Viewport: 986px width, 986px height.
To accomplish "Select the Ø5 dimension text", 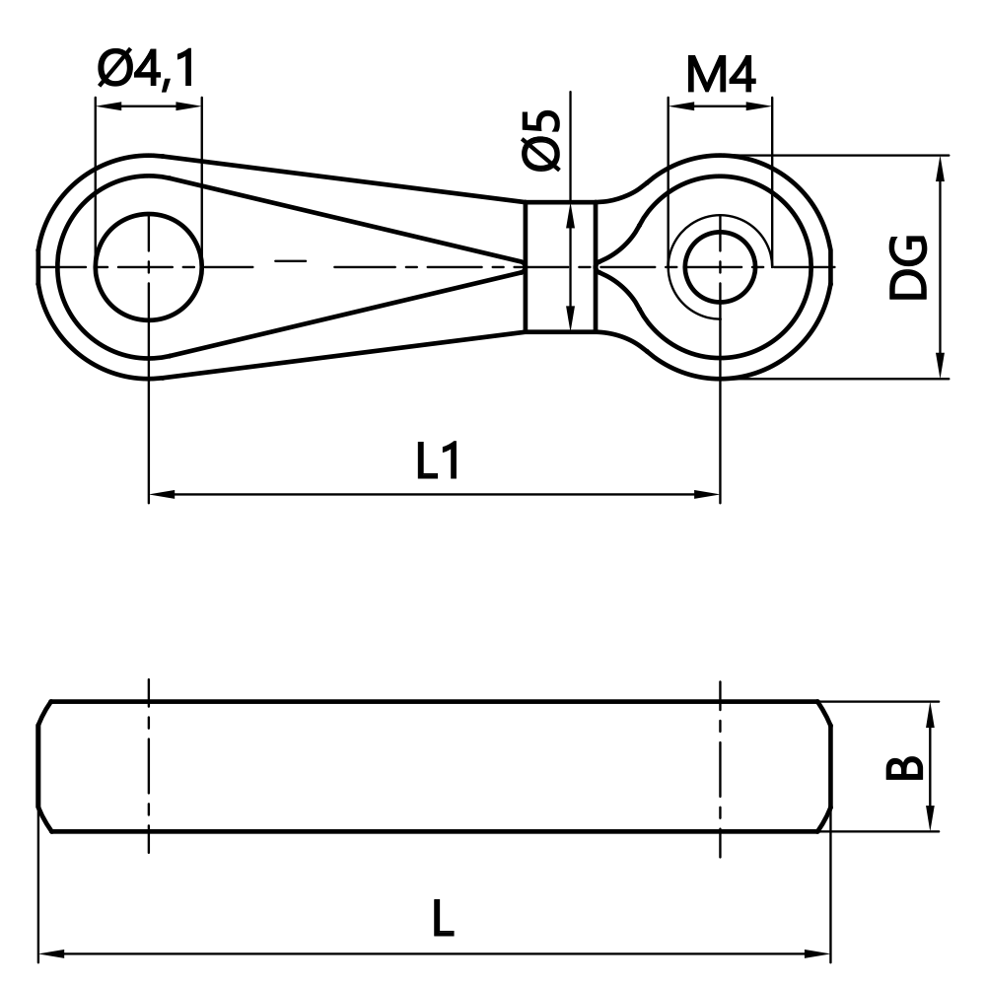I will pos(543,139).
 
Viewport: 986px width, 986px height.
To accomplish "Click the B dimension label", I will pos(904,767).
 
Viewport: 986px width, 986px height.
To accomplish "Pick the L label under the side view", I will pos(443,921).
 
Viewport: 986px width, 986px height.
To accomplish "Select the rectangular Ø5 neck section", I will pos(560,266).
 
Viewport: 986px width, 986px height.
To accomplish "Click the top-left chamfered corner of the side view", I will pos(44,713).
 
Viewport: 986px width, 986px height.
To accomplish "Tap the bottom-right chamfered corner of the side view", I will pos(824,821).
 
